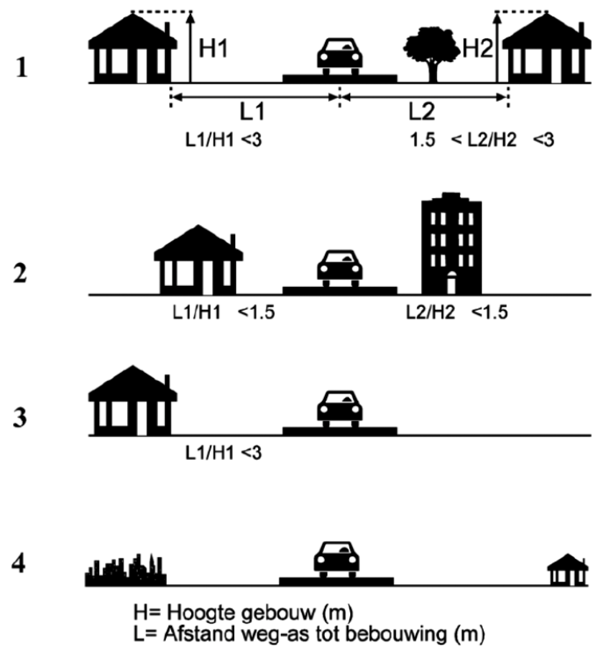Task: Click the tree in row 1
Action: click(x=431, y=55)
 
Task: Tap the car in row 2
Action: click(x=340, y=268)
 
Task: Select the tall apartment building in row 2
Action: click(x=451, y=243)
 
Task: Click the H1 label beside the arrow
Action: click(x=214, y=49)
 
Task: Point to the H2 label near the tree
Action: click(x=478, y=49)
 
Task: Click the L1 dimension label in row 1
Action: click(x=252, y=112)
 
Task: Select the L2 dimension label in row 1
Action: click(x=422, y=112)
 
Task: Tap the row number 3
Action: click(x=20, y=417)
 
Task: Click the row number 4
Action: click(x=18, y=565)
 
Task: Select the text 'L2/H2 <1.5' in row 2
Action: click(x=457, y=313)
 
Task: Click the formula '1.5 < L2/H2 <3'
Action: click(x=482, y=141)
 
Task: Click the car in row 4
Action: click(x=336, y=560)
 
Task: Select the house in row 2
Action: click(x=198, y=259)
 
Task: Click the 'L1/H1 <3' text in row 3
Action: click(x=224, y=453)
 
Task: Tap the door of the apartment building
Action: click(x=451, y=283)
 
